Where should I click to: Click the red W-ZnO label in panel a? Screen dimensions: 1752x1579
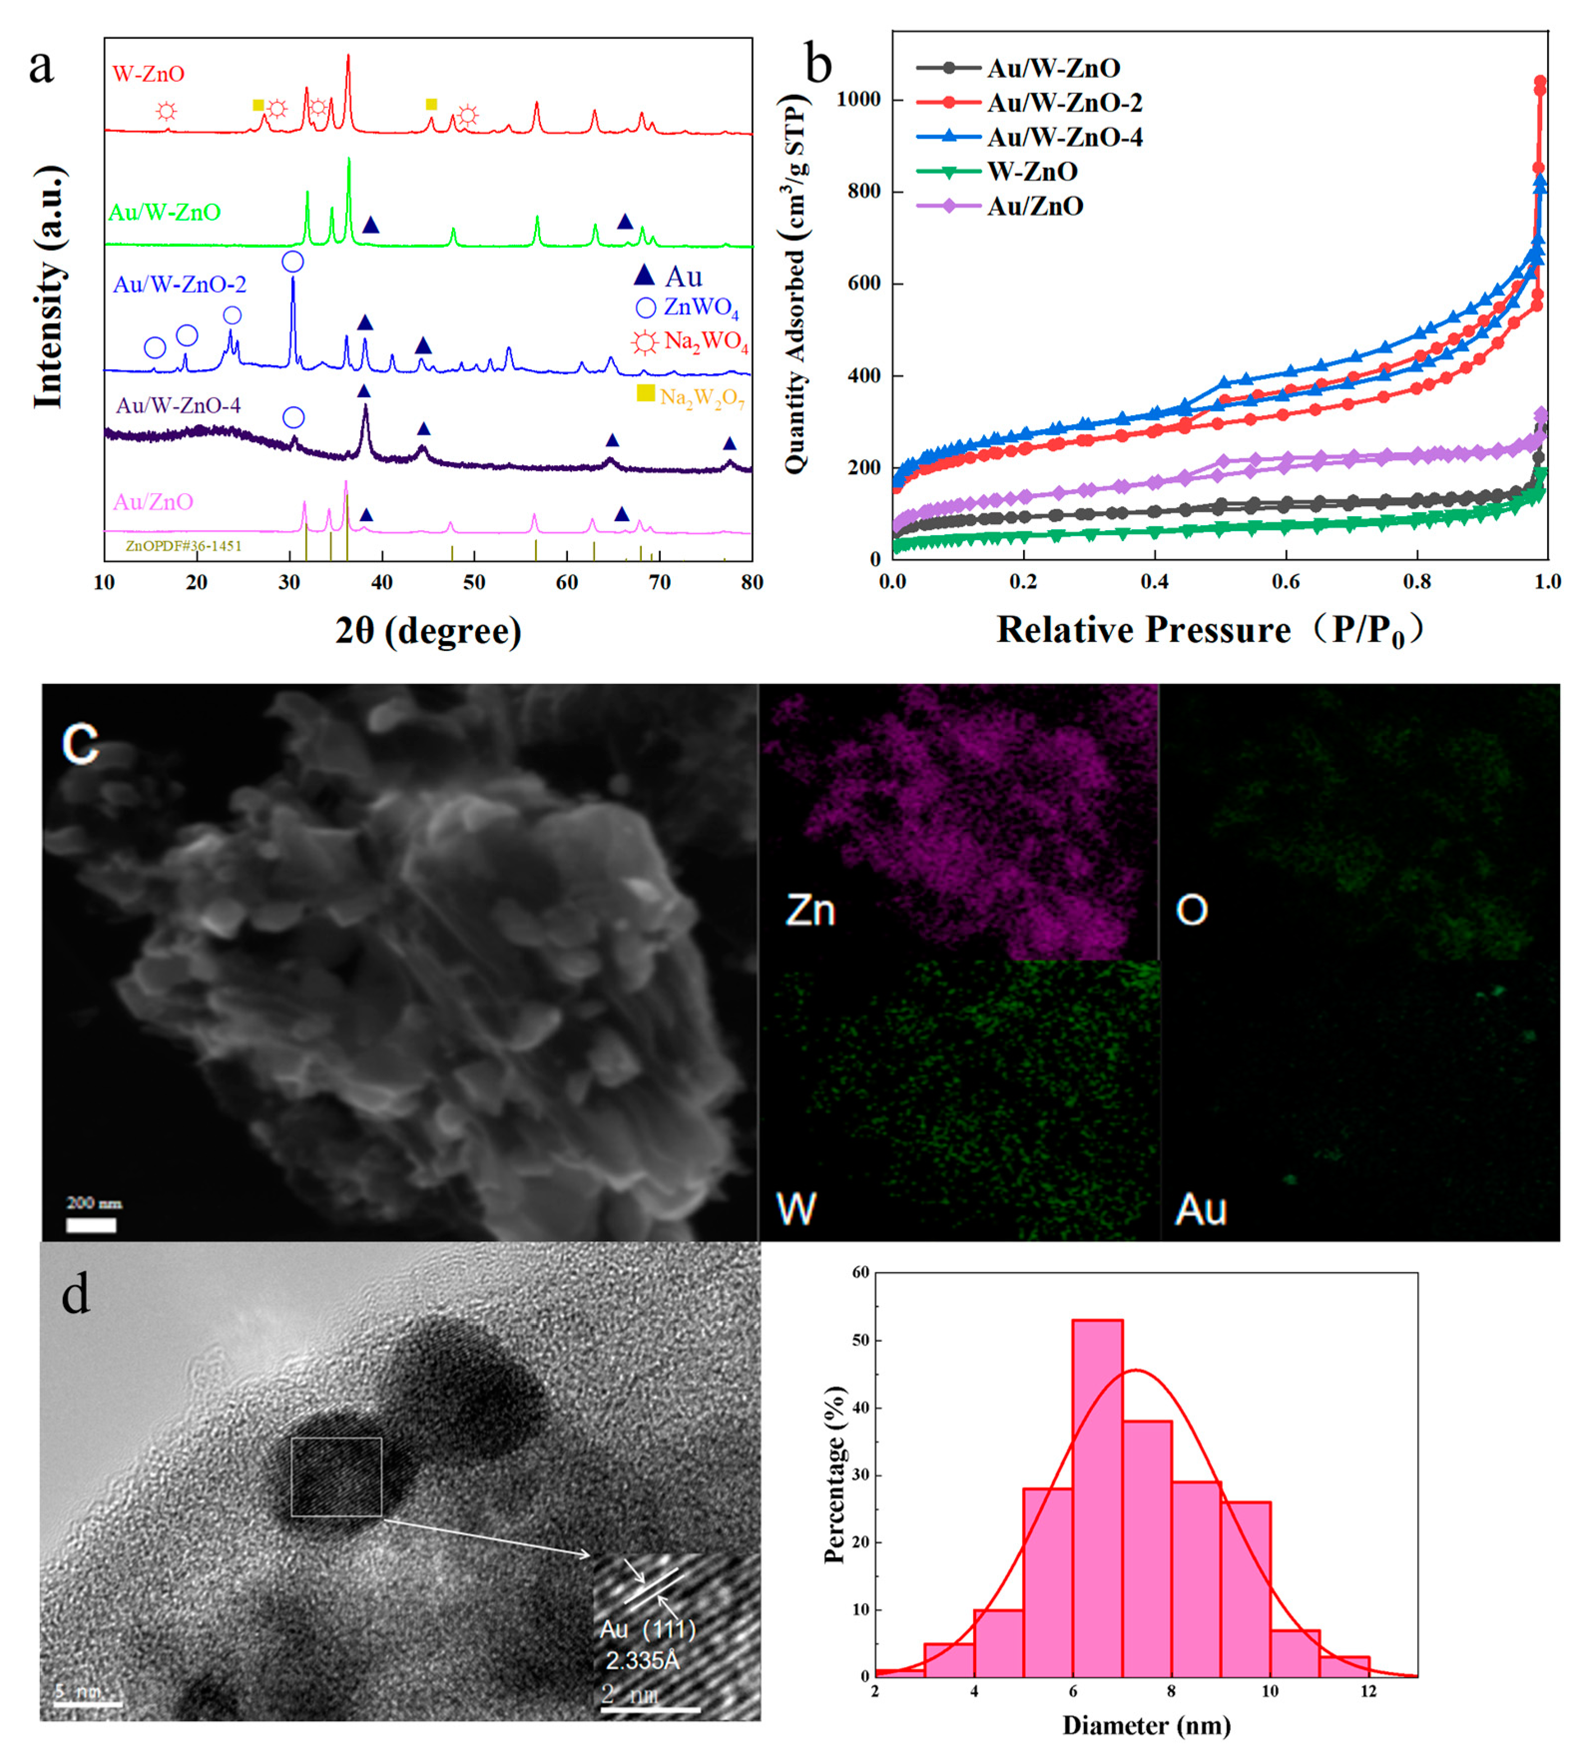148,74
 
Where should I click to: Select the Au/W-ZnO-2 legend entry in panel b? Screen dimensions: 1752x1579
1063,102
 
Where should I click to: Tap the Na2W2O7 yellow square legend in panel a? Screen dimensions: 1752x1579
645,393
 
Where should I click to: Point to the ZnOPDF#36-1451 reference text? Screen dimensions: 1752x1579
183,546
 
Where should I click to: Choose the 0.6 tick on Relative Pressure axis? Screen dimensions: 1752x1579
1285,581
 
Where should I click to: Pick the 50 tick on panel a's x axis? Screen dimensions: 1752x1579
474,582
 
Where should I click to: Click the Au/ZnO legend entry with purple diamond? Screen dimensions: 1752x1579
1034,206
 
